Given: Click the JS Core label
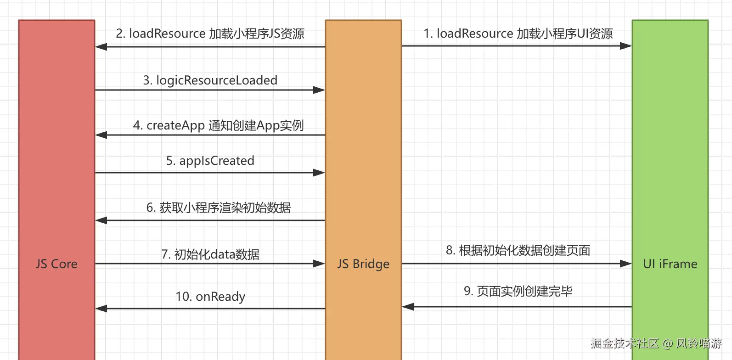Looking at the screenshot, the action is [x=56, y=264].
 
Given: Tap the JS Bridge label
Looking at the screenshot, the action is [x=363, y=264].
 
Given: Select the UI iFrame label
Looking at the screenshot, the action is [x=670, y=264].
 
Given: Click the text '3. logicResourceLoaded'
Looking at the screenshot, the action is [x=210, y=80].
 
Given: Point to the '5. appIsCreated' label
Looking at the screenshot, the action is [x=210, y=161].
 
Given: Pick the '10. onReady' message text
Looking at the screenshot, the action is [x=210, y=297].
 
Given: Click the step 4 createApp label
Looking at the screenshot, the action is [x=218, y=125].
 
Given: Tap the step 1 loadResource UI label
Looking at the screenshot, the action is [x=518, y=34].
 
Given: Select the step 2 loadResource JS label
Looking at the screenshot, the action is [x=210, y=34].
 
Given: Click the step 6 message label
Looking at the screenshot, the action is [x=218, y=208].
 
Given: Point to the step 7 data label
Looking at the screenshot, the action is [x=210, y=254].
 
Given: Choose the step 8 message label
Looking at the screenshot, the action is [x=518, y=251].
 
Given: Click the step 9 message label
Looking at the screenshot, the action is [x=518, y=291].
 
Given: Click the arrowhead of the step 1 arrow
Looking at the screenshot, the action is [x=631, y=46].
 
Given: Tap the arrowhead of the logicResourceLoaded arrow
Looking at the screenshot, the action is [x=324, y=90].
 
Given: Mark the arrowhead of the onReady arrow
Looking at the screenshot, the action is [x=96, y=309].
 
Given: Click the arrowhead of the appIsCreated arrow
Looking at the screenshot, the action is [x=324, y=173].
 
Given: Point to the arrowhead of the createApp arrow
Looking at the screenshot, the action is [x=96, y=135].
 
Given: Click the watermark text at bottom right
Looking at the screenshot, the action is [x=656, y=343].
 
